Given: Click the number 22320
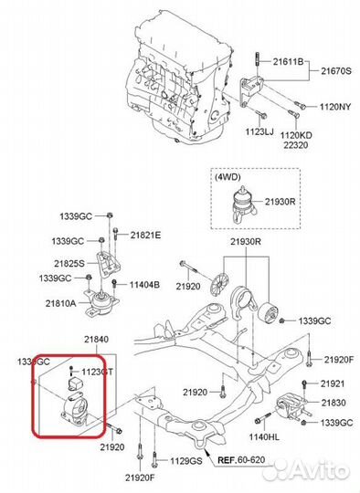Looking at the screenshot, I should (321, 142).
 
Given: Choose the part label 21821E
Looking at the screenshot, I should (145, 236).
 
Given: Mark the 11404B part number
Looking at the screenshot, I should (144, 285).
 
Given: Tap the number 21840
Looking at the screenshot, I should (97, 340).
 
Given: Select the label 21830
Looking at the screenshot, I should (333, 403).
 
